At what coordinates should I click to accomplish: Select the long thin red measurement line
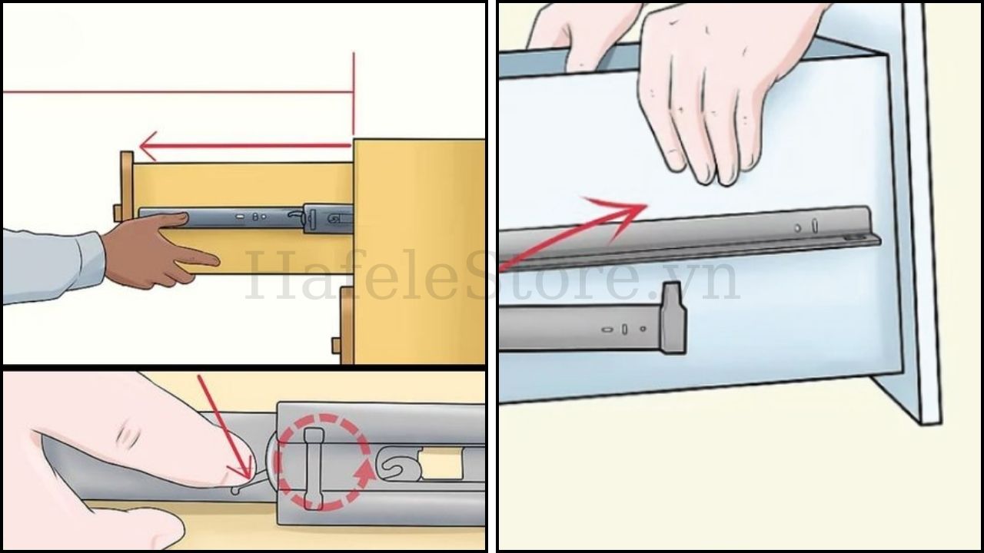[177, 92]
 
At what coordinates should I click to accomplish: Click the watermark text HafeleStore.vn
[492, 280]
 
